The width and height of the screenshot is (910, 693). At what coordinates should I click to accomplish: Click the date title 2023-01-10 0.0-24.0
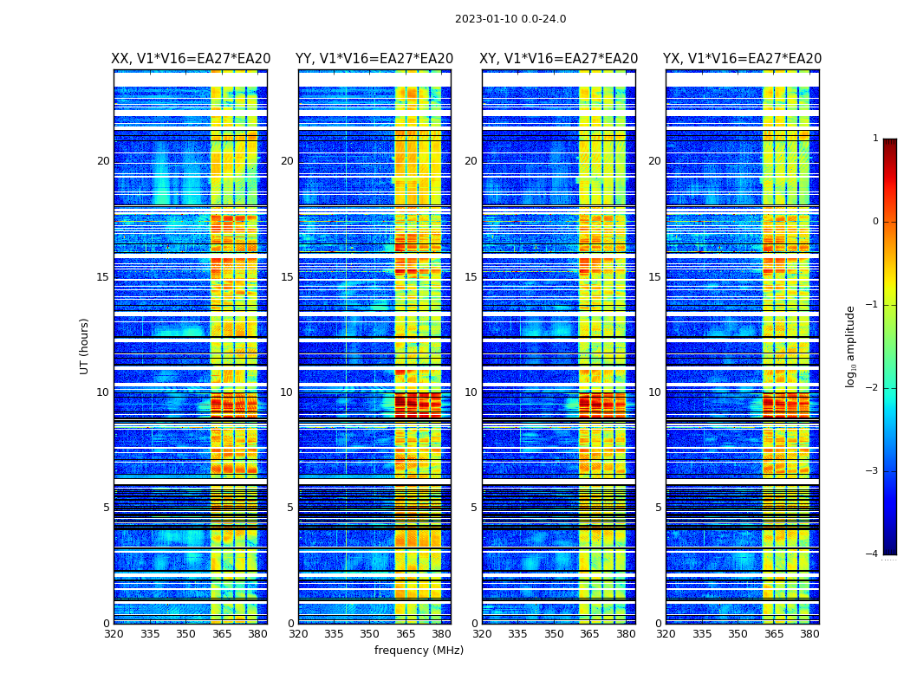tap(510, 19)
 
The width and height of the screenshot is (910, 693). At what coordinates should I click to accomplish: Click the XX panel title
tap(191, 59)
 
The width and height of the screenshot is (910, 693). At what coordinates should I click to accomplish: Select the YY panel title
tap(374, 59)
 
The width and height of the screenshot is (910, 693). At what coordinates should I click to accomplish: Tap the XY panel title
tap(559, 59)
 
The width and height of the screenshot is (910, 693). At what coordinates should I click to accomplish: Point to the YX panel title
tap(743, 59)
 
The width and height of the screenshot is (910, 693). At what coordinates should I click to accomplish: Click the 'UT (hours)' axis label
tap(85, 346)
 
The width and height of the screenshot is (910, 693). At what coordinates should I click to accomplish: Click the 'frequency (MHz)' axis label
tap(419, 651)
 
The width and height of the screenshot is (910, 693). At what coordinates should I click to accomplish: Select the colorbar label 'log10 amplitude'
tap(851, 346)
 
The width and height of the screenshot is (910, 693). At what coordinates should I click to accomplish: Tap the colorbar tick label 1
tap(874, 139)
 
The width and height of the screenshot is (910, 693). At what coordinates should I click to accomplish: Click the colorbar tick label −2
tap(872, 388)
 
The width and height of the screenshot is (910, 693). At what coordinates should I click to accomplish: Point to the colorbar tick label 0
tap(874, 222)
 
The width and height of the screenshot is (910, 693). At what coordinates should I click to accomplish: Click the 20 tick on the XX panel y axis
tap(103, 161)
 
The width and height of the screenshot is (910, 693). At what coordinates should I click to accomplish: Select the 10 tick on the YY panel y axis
tap(287, 392)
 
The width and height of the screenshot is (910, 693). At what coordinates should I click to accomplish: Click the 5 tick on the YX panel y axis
tap(659, 508)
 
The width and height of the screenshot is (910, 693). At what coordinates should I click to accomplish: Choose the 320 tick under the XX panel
tap(114, 634)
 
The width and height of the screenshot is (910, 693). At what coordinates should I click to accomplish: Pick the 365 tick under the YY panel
tap(406, 634)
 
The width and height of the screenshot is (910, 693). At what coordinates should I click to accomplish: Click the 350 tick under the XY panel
tap(554, 634)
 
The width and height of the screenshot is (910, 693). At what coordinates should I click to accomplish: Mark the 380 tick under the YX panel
tap(809, 634)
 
